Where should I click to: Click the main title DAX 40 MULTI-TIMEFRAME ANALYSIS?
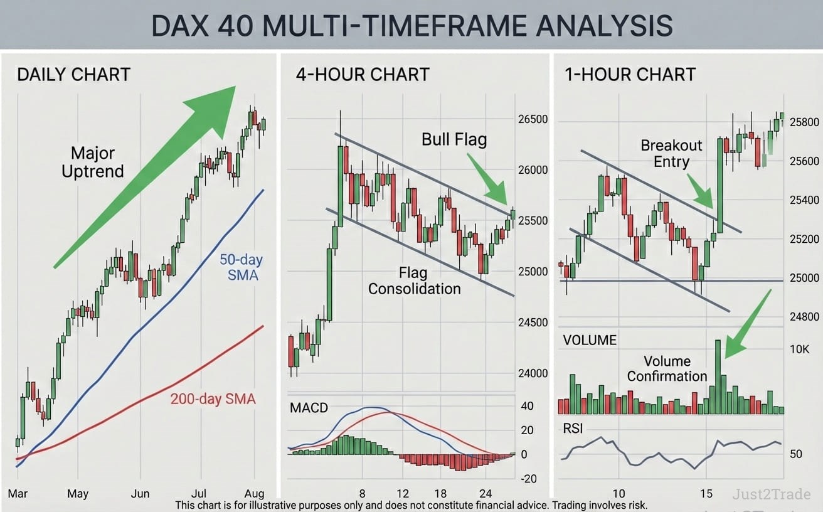click(412, 25)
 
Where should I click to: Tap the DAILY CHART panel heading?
click(73, 74)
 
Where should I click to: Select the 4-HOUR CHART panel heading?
click(363, 74)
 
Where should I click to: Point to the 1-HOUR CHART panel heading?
click(630, 74)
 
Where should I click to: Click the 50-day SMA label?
click(242, 267)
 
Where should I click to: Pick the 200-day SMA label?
click(213, 399)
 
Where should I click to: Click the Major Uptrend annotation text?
click(93, 162)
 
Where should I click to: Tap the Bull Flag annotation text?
click(454, 139)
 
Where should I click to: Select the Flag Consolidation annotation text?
click(414, 280)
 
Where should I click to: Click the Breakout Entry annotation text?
click(671, 153)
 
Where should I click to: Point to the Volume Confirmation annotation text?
click(667, 369)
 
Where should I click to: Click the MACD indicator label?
click(309, 408)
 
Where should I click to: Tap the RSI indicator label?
click(573, 429)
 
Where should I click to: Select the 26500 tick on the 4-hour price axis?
click(533, 119)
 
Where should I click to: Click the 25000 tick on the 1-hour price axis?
click(804, 277)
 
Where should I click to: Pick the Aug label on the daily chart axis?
click(254, 493)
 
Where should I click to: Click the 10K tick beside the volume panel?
click(800, 349)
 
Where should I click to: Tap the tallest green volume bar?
click(718, 376)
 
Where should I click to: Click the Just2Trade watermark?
click(771, 494)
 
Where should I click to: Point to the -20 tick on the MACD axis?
click(528, 479)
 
